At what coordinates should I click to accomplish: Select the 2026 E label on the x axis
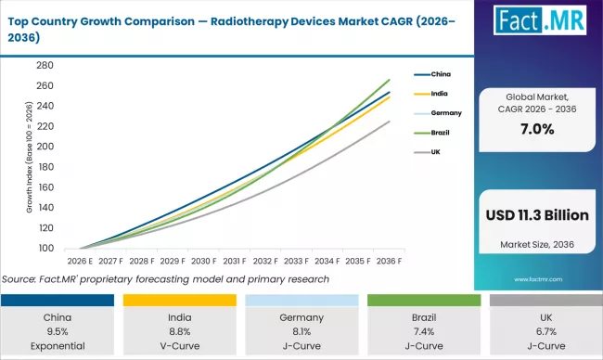coord(81,263)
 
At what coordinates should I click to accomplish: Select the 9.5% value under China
coord(63,331)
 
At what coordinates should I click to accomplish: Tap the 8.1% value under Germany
coord(301,331)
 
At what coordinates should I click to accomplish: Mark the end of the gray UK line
coord(390,121)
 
